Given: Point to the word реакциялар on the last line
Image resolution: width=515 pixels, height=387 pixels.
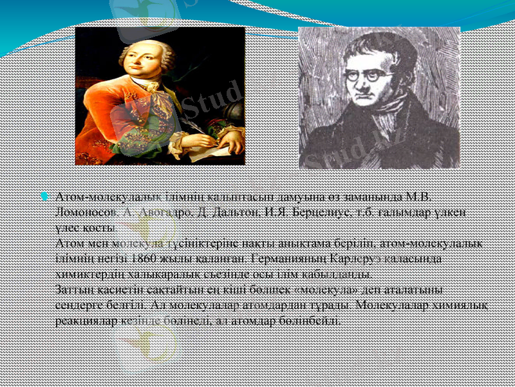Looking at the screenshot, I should point(86,319).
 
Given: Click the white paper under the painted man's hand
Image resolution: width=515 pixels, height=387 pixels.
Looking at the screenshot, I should point(212,152).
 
